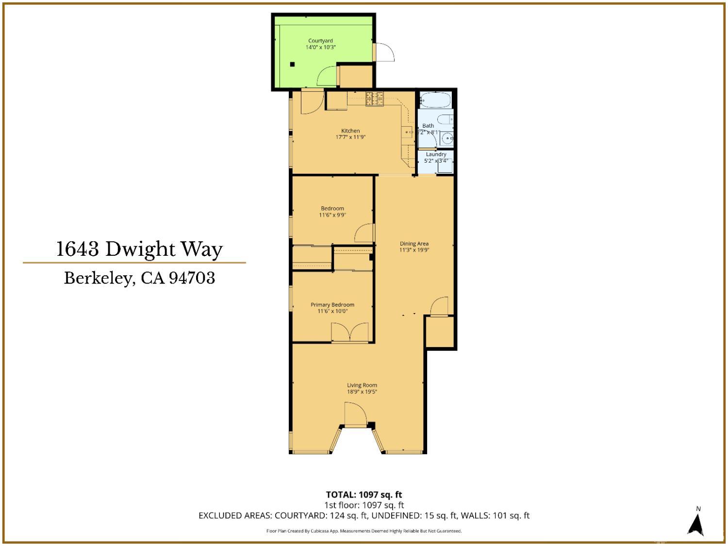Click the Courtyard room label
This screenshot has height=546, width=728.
[320, 41]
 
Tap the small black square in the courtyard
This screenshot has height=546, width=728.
[292, 64]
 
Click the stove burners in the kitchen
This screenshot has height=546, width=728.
[374, 99]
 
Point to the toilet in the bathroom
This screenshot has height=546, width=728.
[445, 119]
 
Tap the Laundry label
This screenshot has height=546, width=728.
[436, 154]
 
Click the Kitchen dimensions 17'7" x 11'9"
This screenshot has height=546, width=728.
[350, 137]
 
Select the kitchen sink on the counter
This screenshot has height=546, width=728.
[407, 131]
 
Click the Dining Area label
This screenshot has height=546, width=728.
[414, 244]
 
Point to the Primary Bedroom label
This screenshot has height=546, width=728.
[332, 305]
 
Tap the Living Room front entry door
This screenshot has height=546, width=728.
[355, 414]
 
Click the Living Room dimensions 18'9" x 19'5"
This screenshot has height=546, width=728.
[362, 392]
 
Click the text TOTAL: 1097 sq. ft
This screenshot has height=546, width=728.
[364, 495]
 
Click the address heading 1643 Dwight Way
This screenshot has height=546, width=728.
[140, 249]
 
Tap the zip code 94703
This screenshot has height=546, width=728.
[192, 278]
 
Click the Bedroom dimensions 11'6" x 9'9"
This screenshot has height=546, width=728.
[332, 215]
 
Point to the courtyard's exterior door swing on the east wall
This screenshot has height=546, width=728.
[385, 52]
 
